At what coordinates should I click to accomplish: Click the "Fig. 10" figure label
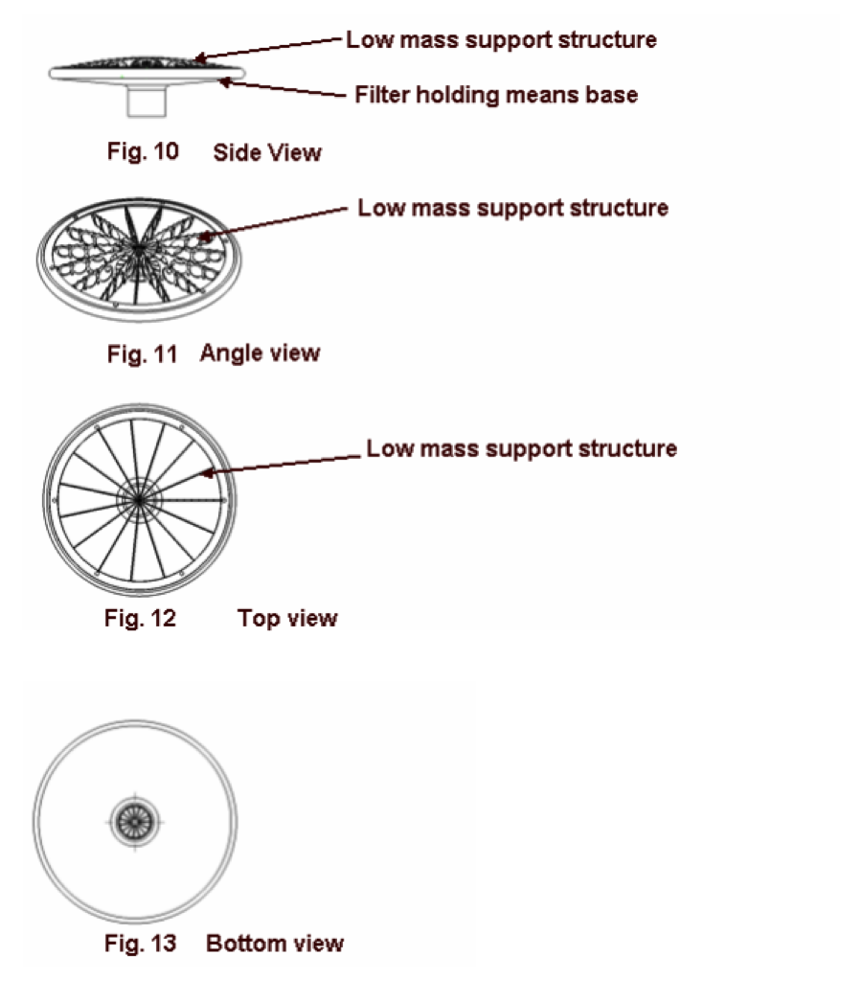pyautogui.click(x=143, y=151)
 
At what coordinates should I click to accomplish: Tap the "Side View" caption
pyautogui.click(x=267, y=152)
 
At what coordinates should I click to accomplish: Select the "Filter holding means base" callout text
pyautogui.click(x=496, y=95)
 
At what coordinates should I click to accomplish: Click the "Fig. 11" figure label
pyautogui.click(x=142, y=353)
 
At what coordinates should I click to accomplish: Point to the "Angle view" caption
pyautogui.click(x=260, y=353)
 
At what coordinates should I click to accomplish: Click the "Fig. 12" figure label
pyautogui.click(x=140, y=618)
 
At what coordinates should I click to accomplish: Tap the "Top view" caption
pyautogui.click(x=287, y=618)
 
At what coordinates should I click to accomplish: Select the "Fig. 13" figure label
pyautogui.click(x=140, y=943)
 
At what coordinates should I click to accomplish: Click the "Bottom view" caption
pyautogui.click(x=275, y=943)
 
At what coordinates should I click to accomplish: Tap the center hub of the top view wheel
pyautogui.click(x=139, y=500)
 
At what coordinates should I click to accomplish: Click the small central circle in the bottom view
pyautogui.click(x=135, y=822)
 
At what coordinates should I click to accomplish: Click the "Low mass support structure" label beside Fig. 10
pyautogui.click(x=501, y=39)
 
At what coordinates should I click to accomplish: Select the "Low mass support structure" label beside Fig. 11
pyautogui.click(x=512, y=208)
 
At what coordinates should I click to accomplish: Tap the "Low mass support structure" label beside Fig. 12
pyautogui.click(x=522, y=448)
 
